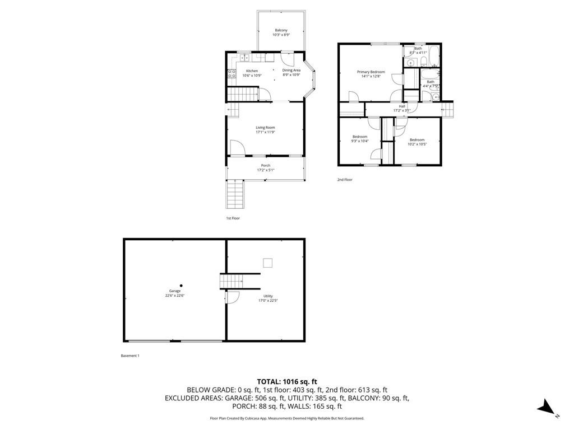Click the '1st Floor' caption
coord(232,218)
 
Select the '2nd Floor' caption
coord(345,180)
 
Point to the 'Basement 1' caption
coord(130,356)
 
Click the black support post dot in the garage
coord(180,285)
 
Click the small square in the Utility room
coord(268,263)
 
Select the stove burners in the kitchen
coord(231,77)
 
